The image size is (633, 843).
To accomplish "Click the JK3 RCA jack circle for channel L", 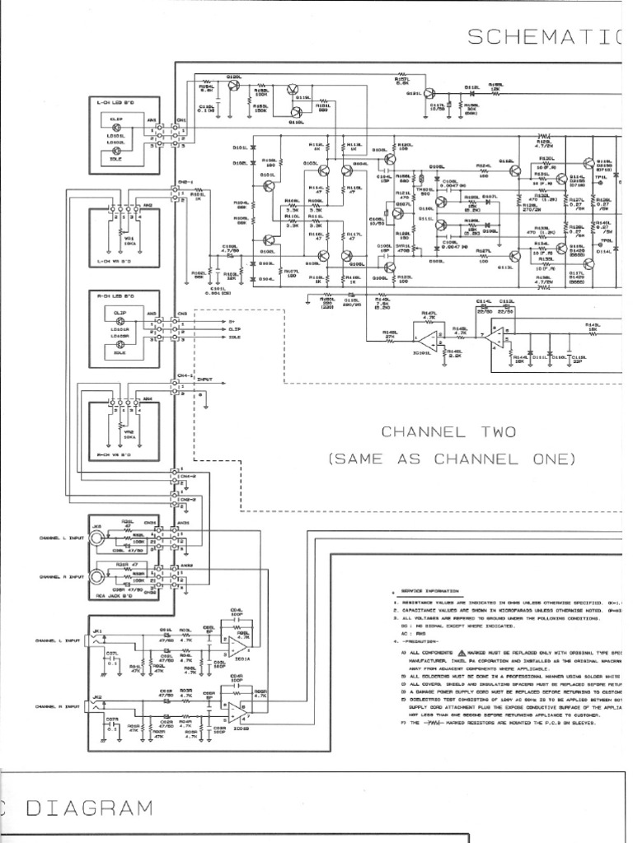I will [96, 538].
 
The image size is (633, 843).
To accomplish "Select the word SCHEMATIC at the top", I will [540, 35].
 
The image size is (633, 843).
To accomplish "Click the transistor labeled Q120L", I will [233, 86].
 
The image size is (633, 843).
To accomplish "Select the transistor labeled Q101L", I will [269, 187].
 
